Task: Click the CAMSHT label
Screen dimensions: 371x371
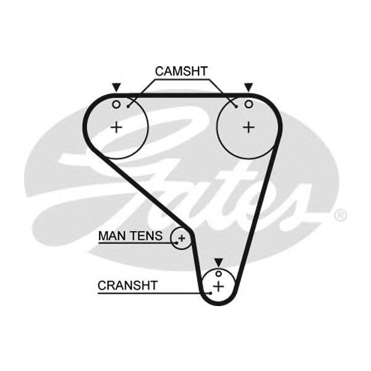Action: click(181, 71)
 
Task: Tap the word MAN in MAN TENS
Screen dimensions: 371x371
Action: click(111, 236)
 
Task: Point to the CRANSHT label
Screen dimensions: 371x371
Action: click(127, 285)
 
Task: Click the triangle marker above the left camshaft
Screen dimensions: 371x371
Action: click(116, 88)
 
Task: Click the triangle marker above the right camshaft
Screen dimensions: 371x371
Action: click(249, 88)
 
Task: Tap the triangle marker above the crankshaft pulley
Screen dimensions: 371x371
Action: click(218, 262)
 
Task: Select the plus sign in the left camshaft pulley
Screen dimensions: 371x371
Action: click(116, 127)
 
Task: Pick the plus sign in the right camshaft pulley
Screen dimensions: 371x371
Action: click(249, 127)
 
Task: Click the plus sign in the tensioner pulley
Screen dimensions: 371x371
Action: click(182, 237)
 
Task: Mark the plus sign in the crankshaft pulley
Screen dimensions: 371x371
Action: click(218, 286)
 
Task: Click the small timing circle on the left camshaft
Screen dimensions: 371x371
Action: click(116, 104)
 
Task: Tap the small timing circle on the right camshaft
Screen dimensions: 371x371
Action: click(249, 104)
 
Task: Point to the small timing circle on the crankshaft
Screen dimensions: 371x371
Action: click(218, 274)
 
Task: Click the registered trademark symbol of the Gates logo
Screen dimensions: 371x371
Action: click(339, 216)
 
